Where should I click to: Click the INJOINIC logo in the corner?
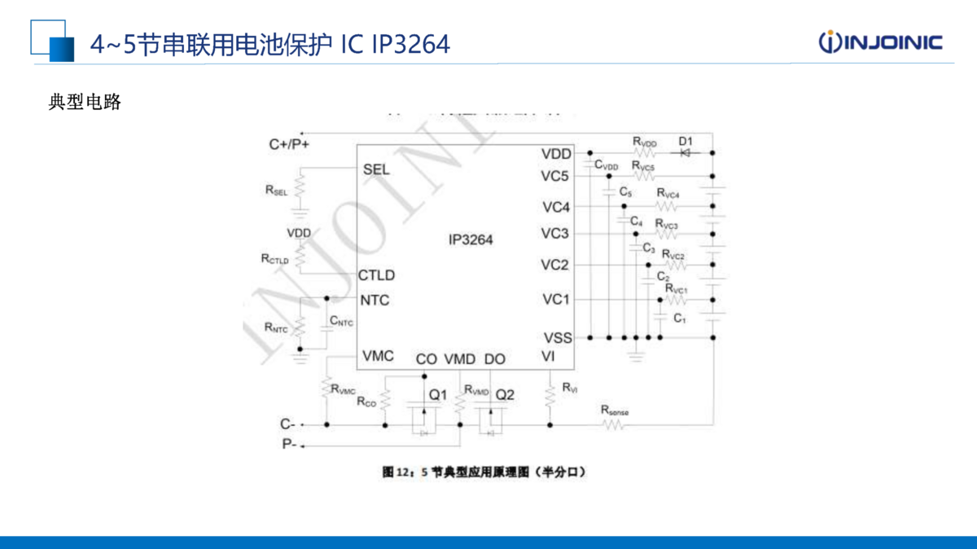(880, 42)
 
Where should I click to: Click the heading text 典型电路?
(85, 102)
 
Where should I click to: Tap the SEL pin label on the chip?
(376, 169)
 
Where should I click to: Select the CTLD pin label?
(376, 275)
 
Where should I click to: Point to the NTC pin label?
(375, 300)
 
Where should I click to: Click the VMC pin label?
(378, 356)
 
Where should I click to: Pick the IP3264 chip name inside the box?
(470, 239)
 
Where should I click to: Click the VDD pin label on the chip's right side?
(556, 154)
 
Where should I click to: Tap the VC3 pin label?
(556, 234)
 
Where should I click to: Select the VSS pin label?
(557, 337)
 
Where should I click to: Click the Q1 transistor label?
(438, 395)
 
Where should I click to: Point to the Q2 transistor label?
(505, 395)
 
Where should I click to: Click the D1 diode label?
(686, 141)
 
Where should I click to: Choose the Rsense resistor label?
(615, 411)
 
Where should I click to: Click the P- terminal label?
(289, 444)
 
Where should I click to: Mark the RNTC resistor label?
(276, 327)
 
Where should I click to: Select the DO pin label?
(494, 358)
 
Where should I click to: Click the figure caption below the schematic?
(484, 472)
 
